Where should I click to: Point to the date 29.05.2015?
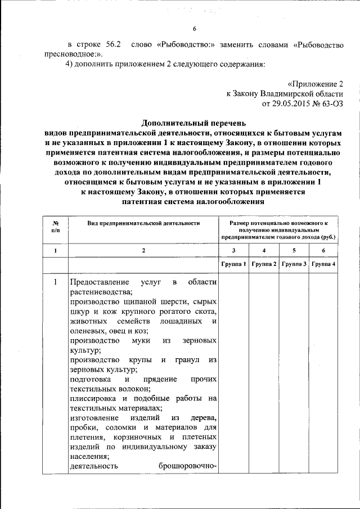(292, 104)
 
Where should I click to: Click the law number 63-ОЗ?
(330, 104)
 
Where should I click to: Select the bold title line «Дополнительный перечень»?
(193, 123)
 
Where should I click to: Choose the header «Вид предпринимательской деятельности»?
(143, 223)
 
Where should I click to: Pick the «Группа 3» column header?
(293, 264)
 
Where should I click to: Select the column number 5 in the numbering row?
(293, 250)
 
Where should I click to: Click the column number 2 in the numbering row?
(143, 250)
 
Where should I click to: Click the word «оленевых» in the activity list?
(87, 331)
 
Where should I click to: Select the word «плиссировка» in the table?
(92, 399)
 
